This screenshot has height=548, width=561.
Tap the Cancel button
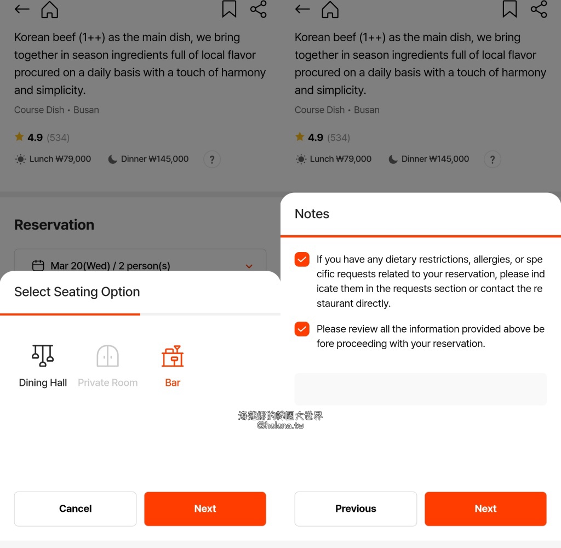(x=75, y=509)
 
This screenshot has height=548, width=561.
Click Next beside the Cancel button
(x=205, y=509)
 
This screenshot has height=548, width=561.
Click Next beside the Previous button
(x=485, y=509)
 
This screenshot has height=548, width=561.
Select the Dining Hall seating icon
(x=43, y=356)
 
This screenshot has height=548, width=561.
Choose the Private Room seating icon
(x=107, y=356)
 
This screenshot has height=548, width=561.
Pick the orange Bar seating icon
(x=173, y=356)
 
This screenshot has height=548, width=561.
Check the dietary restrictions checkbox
(x=302, y=259)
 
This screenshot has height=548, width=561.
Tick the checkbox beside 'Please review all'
(x=302, y=329)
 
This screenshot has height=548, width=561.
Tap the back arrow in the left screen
(x=22, y=9)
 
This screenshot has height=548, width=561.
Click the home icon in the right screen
(x=330, y=9)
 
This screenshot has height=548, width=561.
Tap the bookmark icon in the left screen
(x=229, y=9)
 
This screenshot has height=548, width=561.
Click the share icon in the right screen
(x=539, y=9)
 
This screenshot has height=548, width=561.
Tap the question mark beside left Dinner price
(x=212, y=159)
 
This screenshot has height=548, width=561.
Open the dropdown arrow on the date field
(x=249, y=266)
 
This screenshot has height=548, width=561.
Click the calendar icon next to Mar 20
(x=38, y=266)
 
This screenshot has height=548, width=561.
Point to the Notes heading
(x=312, y=214)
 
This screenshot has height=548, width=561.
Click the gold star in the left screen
(x=19, y=136)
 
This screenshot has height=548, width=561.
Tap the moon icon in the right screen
(x=393, y=159)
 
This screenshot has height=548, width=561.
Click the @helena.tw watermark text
(x=280, y=425)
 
